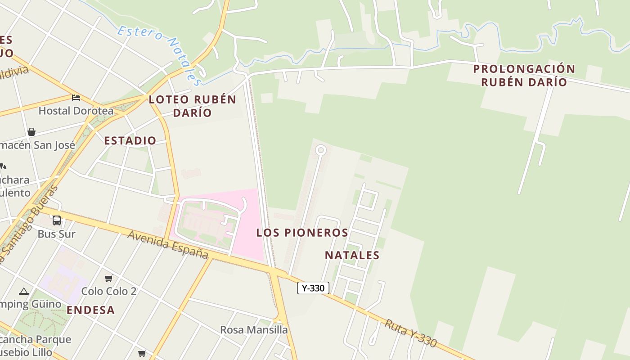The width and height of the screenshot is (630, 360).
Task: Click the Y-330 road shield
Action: pyautogui.click(x=313, y=288)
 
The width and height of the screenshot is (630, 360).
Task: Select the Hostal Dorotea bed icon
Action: pyautogui.click(x=76, y=97)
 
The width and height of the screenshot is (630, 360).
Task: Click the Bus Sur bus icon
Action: pyautogui.click(x=57, y=220)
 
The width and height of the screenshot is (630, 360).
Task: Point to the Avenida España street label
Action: pyautogui.click(x=168, y=245)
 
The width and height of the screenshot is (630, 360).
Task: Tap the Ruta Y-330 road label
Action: pyautogui.click(x=410, y=333)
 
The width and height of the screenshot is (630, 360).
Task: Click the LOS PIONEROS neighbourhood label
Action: pyautogui.click(x=302, y=233)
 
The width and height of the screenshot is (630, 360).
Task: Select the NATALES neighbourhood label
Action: pyautogui.click(x=352, y=255)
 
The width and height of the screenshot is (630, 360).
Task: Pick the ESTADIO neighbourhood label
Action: pyautogui.click(x=130, y=140)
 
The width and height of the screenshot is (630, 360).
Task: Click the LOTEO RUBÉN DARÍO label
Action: pyautogui.click(x=192, y=106)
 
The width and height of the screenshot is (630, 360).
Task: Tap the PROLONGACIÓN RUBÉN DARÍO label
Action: pyautogui.click(x=524, y=75)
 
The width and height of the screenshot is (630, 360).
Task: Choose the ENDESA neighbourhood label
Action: pyautogui.click(x=90, y=310)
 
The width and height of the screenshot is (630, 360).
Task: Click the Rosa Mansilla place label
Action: pyautogui.click(x=254, y=330)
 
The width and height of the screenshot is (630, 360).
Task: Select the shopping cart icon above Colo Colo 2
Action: pyautogui.click(x=108, y=278)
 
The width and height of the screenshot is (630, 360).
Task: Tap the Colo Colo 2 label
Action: pyautogui.click(x=108, y=291)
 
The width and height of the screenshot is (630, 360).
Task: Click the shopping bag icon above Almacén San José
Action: pyautogui.click(x=31, y=132)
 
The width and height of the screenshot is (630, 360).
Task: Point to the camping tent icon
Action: pyautogui.click(x=24, y=291)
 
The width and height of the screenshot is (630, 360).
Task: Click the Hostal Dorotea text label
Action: pyautogui.click(x=76, y=110)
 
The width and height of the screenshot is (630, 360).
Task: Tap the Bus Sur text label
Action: pyautogui.click(x=56, y=234)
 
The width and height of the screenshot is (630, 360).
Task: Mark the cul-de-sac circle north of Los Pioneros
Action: pyautogui.click(x=320, y=150)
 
